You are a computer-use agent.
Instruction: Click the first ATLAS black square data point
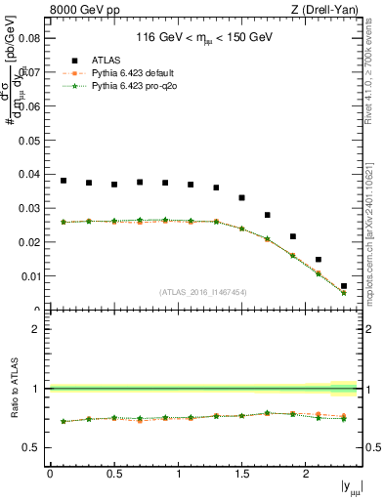[x=64, y=181]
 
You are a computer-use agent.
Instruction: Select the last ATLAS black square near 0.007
[x=344, y=286]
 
